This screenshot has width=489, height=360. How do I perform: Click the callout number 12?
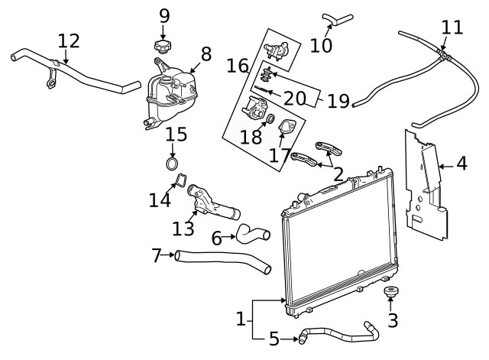tap(68, 40)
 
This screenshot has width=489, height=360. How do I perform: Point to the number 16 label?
tap(238, 66)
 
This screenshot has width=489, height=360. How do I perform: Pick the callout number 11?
tap(452, 28)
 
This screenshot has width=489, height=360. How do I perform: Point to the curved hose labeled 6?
tap(252, 232)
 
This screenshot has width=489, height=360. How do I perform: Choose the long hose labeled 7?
tap(222, 261)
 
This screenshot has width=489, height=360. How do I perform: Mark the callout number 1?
tap(240, 318)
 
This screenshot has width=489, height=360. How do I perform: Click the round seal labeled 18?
tap(269, 118)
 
